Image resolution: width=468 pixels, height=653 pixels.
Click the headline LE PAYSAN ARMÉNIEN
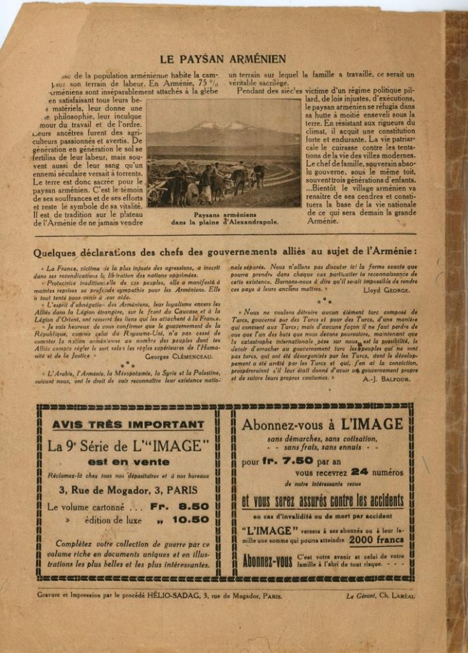223,59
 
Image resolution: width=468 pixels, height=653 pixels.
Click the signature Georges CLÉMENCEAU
182,356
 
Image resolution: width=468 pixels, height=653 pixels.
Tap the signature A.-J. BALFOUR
386,379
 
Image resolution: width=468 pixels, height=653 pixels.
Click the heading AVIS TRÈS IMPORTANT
128,425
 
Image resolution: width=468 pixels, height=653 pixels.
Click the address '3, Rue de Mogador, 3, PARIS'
128,490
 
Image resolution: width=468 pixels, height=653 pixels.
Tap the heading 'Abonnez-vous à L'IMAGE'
322,424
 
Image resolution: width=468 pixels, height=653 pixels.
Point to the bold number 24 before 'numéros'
360,473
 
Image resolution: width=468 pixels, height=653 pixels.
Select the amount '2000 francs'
377,539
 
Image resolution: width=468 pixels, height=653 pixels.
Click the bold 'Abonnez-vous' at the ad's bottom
267,562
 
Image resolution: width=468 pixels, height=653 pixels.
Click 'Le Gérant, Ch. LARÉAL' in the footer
380,596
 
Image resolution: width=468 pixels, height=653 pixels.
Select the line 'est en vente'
129,462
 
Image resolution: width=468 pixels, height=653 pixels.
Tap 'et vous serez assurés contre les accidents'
322,501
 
